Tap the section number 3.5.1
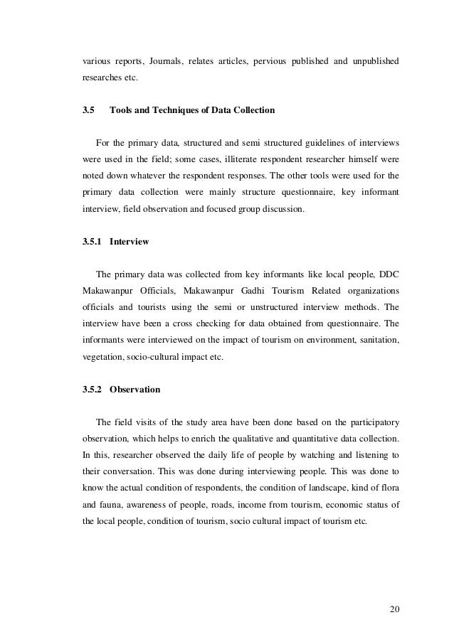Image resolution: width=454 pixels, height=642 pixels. pyautogui.click(x=93, y=242)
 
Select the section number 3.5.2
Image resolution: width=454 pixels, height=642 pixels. pyautogui.click(x=93, y=390)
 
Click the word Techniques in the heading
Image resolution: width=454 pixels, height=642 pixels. pyautogui.click(x=165, y=112)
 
